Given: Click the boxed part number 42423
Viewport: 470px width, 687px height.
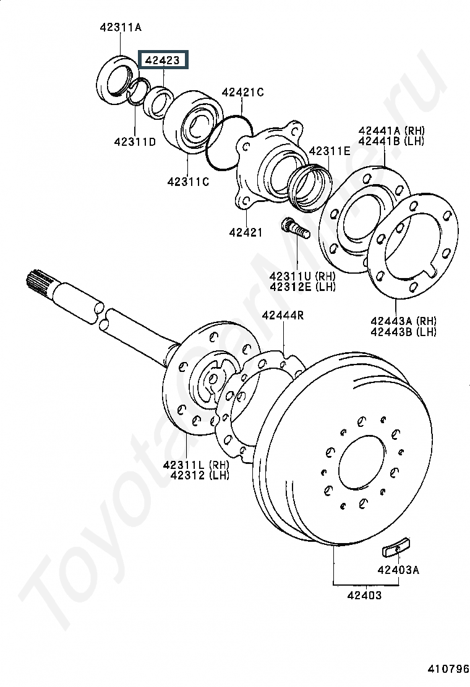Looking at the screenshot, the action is [x=163, y=60].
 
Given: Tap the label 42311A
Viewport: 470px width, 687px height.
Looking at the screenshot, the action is [x=121, y=28].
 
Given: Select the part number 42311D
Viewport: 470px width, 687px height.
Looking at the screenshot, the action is [x=135, y=142].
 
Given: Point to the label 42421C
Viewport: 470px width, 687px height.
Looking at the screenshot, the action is [x=242, y=93].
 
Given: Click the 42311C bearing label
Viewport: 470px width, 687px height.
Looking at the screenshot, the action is [x=188, y=182].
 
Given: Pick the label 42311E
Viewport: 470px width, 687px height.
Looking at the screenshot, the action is [x=330, y=151].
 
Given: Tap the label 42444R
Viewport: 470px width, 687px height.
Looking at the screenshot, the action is [x=283, y=315].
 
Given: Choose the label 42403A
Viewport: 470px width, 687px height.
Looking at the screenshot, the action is [x=398, y=570].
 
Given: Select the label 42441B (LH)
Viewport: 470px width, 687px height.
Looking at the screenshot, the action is [x=391, y=141].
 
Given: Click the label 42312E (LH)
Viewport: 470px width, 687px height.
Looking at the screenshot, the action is [x=302, y=287].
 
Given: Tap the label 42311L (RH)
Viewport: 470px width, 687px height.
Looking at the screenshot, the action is [x=196, y=465].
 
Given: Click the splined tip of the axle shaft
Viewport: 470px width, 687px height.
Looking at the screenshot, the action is [x=39, y=282].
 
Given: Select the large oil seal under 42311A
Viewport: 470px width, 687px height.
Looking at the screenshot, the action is [x=117, y=80].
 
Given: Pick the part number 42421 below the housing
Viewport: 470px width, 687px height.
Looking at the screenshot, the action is [x=246, y=233].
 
